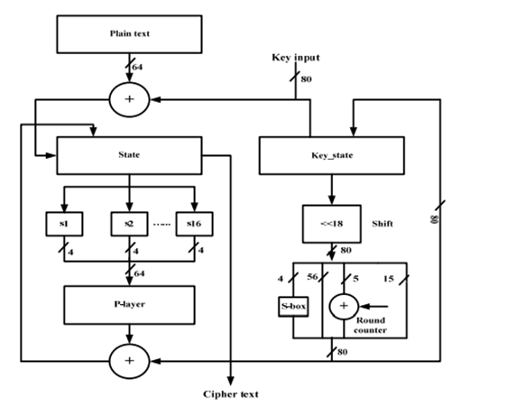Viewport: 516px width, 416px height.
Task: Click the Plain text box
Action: pyautogui.click(x=129, y=33)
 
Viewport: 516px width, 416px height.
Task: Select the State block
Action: pyautogui.click(x=129, y=154)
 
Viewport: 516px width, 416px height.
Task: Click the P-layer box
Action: pyautogui.click(x=129, y=304)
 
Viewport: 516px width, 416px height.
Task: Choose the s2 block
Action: pyautogui.click(x=129, y=221)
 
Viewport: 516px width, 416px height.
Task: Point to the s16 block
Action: pyautogui.click(x=194, y=221)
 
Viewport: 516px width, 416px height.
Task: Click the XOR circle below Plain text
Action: pyautogui.click(x=129, y=99)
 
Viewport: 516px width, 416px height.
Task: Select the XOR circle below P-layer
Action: pyautogui.click(x=129, y=361)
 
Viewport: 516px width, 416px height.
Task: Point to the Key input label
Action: pyautogui.click(x=296, y=58)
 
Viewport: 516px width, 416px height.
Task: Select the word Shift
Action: pyautogui.click(x=384, y=220)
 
